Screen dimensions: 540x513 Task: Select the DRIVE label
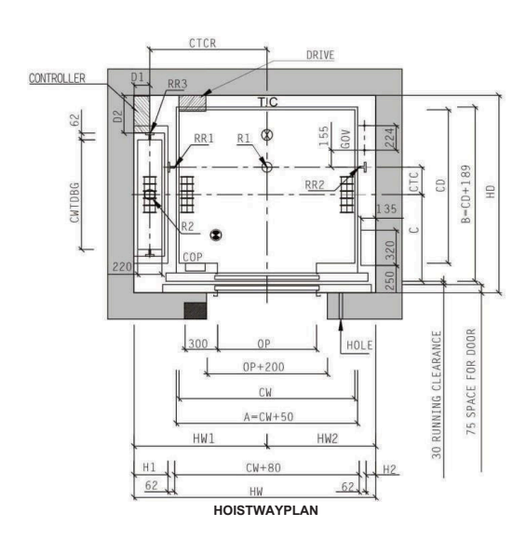[321, 55]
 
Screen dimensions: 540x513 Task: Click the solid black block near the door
[195, 310]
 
